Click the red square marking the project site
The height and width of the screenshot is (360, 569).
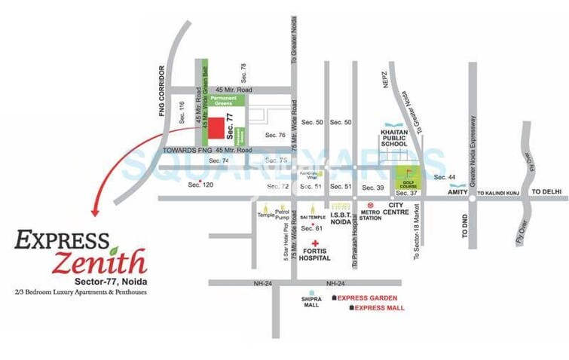[216, 130]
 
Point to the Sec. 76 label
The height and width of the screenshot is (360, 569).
[275, 135]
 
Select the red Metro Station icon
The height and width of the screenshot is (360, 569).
[369, 205]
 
